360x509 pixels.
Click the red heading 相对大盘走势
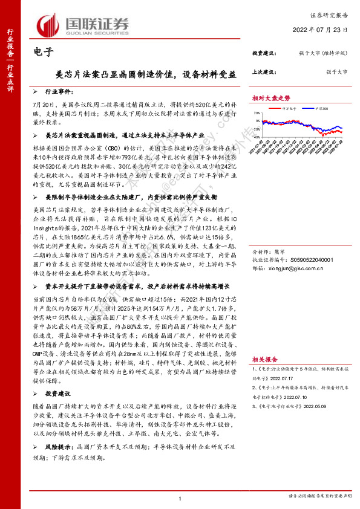pyautogui.click(x=272, y=97)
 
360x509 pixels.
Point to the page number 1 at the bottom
pyautogui.click(x=180, y=498)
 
